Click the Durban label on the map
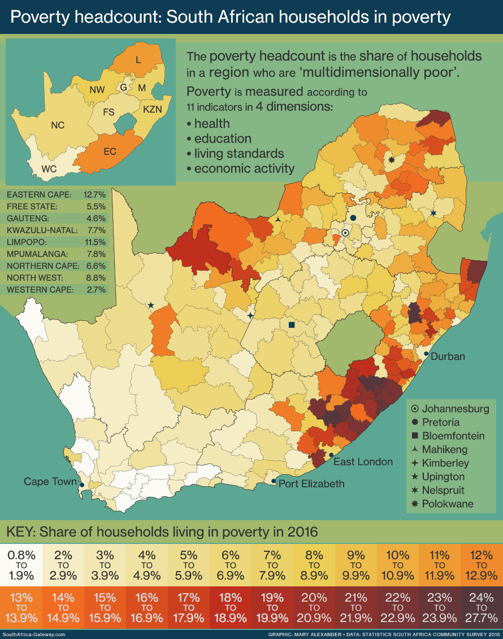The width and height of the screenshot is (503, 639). click(448, 357)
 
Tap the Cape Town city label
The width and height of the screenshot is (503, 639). click(50, 482)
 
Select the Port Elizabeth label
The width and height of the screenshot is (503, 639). click(311, 483)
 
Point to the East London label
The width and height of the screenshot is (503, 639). click(363, 462)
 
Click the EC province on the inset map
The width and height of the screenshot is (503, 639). click(110, 151)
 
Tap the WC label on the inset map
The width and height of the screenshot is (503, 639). click(49, 169)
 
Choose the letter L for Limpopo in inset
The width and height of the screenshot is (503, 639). click(137, 59)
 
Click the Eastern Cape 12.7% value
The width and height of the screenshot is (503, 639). click(94, 194)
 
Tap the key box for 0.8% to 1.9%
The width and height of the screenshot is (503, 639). click(21, 565)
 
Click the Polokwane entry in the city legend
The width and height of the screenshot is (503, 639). click(448, 504)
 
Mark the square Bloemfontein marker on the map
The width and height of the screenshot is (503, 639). click(292, 325)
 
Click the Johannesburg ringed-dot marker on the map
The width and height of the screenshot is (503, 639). click(345, 233)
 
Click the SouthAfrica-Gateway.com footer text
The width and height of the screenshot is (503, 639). click(33, 634)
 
